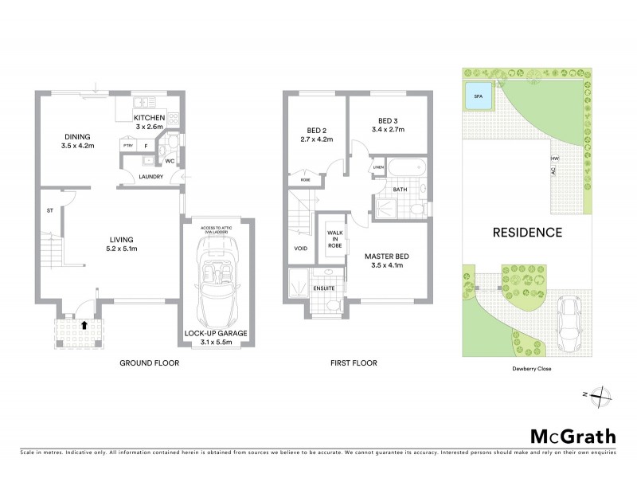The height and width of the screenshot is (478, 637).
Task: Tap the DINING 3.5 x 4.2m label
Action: click(x=78, y=141)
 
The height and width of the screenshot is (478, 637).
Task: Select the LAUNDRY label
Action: click(x=150, y=176)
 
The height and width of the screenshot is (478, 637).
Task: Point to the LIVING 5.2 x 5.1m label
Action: click(x=122, y=244)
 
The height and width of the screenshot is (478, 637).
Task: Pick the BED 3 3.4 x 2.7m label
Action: click(x=389, y=124)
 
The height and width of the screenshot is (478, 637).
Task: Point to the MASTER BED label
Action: click(x=387, y=260)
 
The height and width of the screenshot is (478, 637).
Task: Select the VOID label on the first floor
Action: click(x=301, y=248)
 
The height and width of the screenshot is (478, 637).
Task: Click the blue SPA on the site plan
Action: click(x=478, y=96)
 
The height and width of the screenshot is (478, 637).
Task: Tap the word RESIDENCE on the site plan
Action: click(x=527, y=233)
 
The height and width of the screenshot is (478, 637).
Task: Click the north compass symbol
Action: click(x=602, y=394)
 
